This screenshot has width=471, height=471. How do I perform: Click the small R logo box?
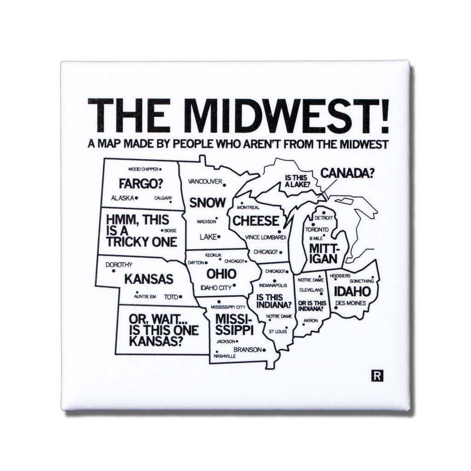point(377,376)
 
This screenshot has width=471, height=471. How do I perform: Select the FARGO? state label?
point(141,184)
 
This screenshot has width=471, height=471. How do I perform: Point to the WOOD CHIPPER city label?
point(143,169)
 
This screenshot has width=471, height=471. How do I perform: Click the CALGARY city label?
point(163,198)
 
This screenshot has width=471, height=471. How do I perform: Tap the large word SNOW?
point(207,202)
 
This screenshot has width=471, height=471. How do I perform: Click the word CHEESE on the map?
point(256,220)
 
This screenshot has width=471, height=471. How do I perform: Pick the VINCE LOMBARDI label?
point(265,237)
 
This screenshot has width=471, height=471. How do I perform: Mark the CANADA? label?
point(348,173)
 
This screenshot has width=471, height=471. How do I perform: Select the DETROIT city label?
point(324,217)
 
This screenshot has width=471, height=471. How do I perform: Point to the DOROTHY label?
point(119,264)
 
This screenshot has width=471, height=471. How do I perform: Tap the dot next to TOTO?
point(181,297)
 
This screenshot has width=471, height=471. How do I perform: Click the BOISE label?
point(170,230)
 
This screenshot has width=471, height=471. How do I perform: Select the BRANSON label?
point(247,350)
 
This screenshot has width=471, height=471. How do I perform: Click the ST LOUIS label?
point(278,331)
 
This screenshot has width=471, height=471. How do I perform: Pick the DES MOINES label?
point(350,303)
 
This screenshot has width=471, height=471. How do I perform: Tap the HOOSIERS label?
point(340,276)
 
